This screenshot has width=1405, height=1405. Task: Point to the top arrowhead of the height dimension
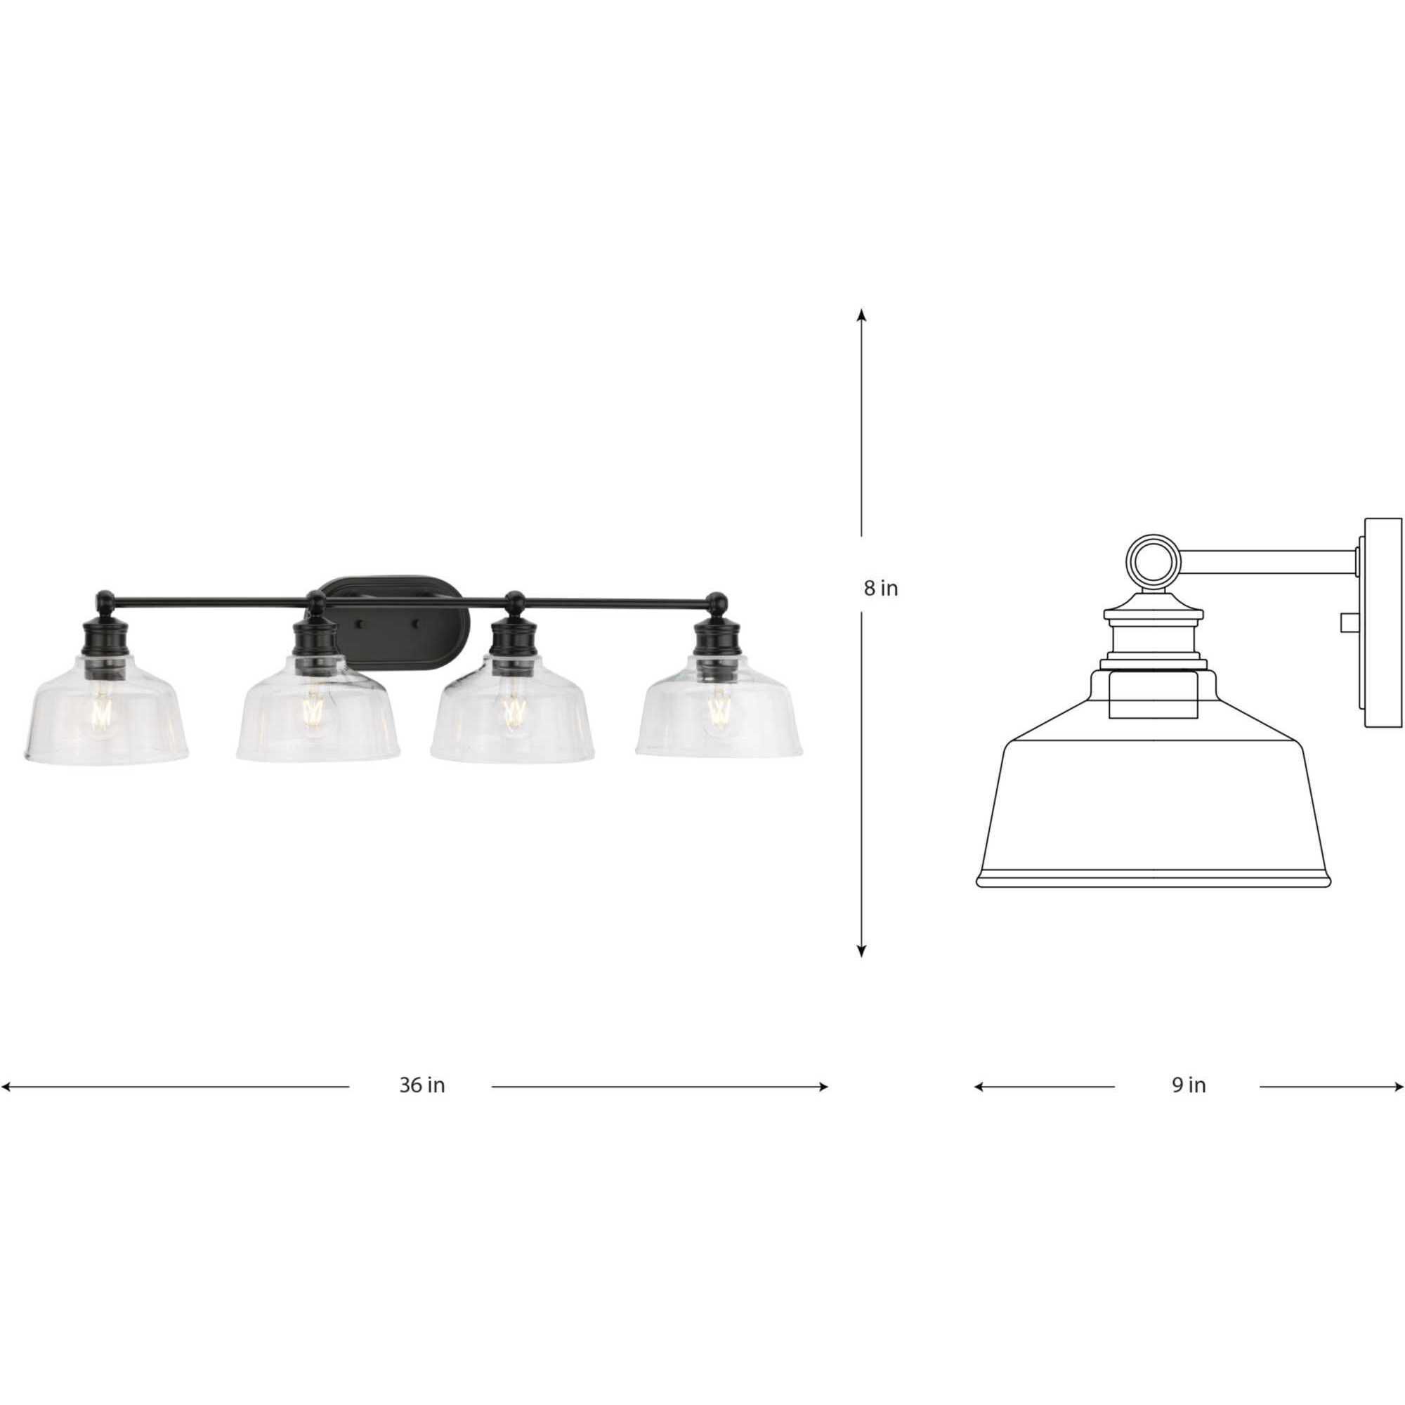tap(862, 315)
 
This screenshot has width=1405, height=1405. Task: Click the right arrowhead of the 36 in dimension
tap(823, 1087)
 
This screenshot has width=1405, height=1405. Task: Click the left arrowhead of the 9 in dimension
tap(979, 1087)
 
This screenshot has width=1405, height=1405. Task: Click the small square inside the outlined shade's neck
tap(1152, 694)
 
